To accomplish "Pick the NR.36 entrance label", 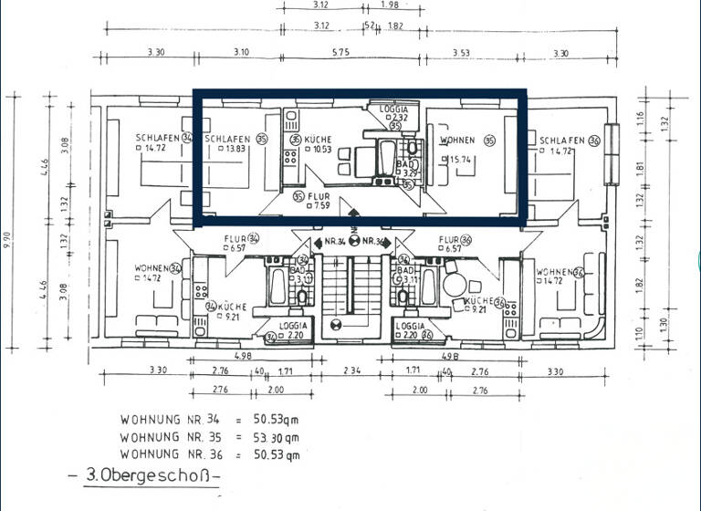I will (375, 243).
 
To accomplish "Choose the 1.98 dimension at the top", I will (390, 6).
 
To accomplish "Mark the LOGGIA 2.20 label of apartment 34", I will (291, 329).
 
